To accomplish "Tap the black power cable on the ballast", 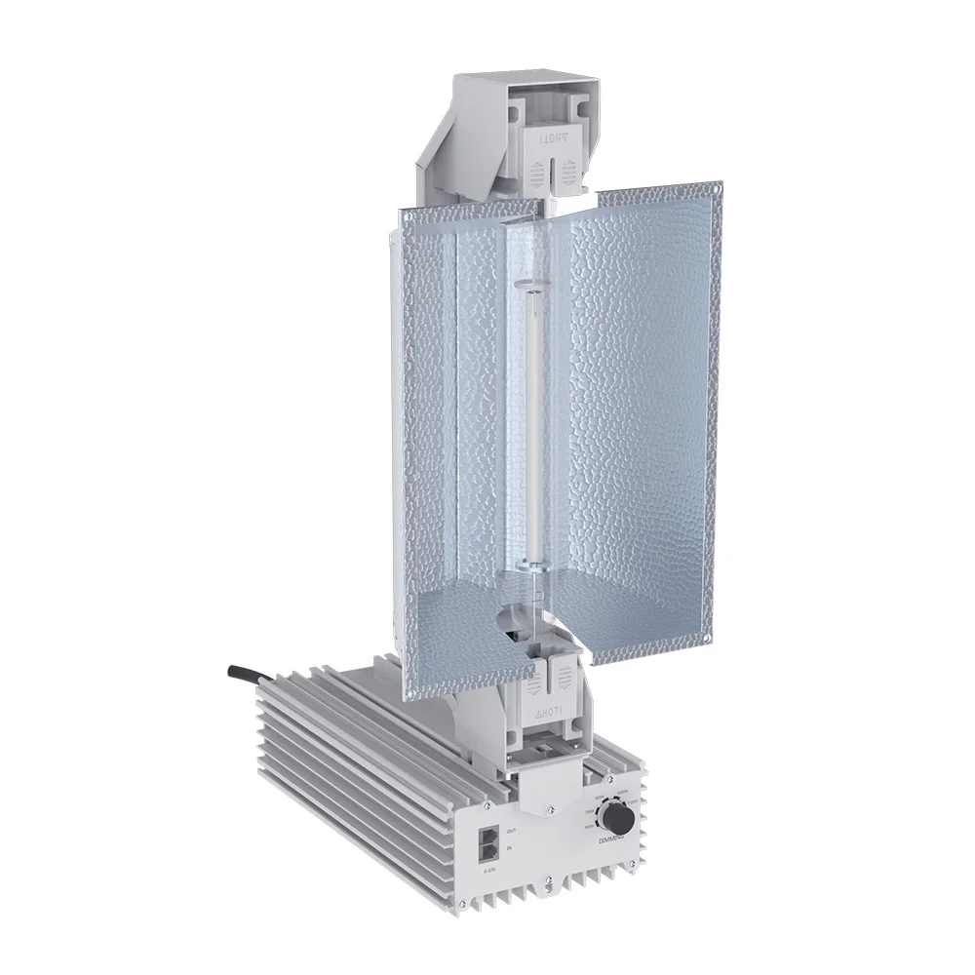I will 248,674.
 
